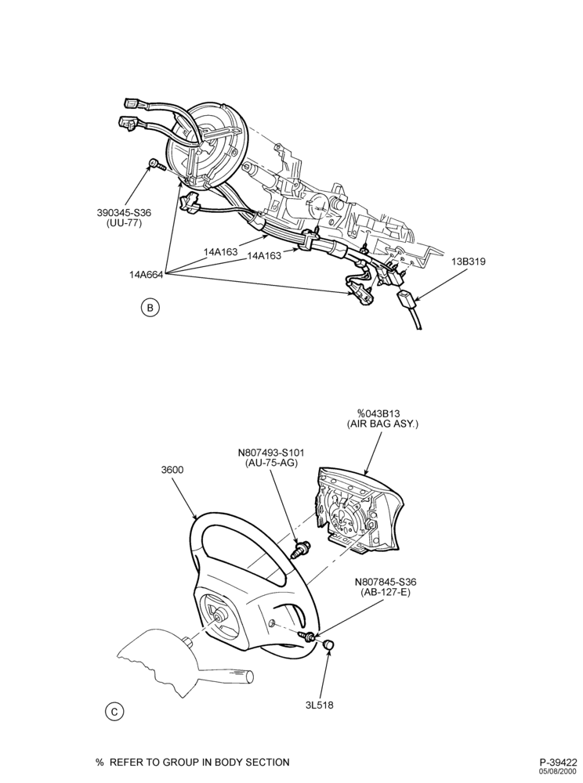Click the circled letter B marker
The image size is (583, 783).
[x=150, y=307]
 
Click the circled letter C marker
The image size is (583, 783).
[x=114, y=711]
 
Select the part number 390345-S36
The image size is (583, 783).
[x=124, y=213]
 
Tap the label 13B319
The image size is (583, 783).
[x=467, y=262]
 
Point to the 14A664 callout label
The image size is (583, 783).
[x=146, y=274]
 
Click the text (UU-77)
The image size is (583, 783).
[x=124, y=223]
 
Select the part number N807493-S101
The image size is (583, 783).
[x=271, y=453]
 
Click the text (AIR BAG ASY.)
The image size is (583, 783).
[x=382, y=424]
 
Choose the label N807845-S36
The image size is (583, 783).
[x=386, y=582]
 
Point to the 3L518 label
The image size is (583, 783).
[x=319, y=705]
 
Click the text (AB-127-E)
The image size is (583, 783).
[x=386, y=592]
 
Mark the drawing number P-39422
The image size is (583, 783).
[x=558, y=762]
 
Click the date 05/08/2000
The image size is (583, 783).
[x=558, y=771]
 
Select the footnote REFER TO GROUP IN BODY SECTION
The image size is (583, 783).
[x=199, y=762]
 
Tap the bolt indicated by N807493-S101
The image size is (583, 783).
[x=302, y=549]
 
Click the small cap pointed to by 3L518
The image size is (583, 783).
[x=328, y=644]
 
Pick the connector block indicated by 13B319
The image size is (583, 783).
[x=405, y=301]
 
